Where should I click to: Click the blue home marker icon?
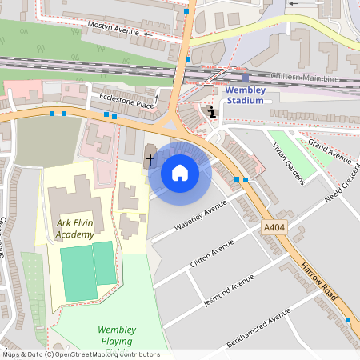[x=180, y=173]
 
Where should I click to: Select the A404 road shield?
[x=273, y=229]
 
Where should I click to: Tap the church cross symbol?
[x=150, y=160]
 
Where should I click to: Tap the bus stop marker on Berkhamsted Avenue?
[x=347, y=320]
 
